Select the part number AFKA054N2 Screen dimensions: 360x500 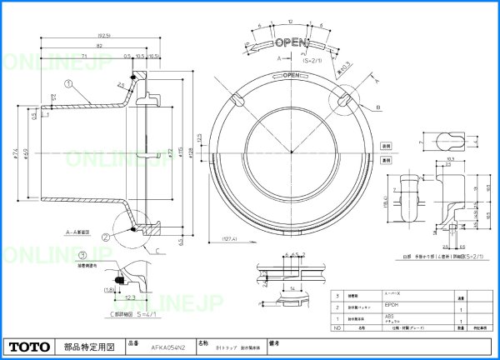162,345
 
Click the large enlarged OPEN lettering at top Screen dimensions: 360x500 292,42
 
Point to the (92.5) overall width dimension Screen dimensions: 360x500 106,37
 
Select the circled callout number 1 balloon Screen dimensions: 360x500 69,83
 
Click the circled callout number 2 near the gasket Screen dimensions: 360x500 107,236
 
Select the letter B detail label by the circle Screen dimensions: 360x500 377,107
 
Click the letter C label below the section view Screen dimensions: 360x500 157,249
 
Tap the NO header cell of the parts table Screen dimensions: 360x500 337,328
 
